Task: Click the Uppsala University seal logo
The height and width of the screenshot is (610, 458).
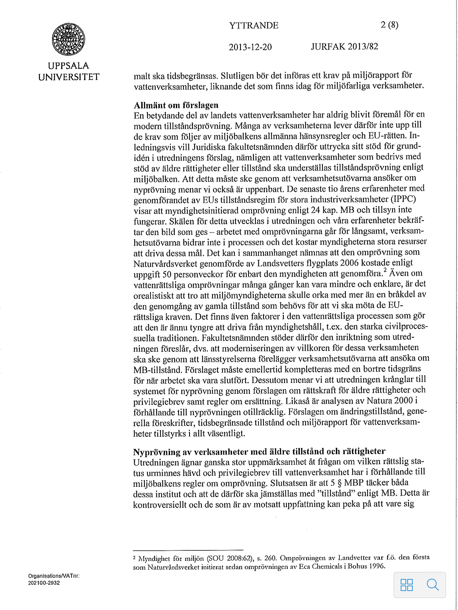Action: pyautogui.click(x=69, y=40)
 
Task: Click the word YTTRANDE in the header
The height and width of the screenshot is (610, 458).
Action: pyautogui.click(x=254, y=26)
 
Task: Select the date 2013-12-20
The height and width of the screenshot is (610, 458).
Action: pyautogui.click(x=250, y=47)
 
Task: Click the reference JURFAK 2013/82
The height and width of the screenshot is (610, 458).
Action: pyautogui.click(x=344, y=46)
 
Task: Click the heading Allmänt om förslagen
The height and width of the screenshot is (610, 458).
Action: pyautogui.click(x=176, y=105)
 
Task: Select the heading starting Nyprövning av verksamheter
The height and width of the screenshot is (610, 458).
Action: pyautogui.click(x=259, y=452)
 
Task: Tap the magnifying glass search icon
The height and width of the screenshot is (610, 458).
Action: pyautogui.click(x=433, y=584)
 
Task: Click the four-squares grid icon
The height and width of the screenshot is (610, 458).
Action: pyautogui.click(x=407, y=585)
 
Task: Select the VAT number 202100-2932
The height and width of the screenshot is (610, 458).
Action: pyautogui.click(x=44, y=583)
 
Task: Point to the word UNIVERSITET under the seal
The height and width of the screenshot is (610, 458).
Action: pyautogui.click(x=69, y=77)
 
